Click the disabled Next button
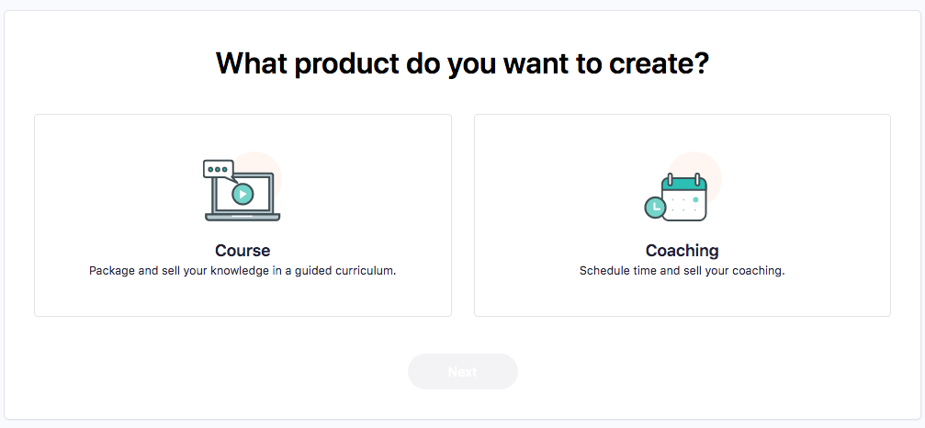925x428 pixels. (x=463, y=371)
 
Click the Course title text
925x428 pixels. (x=243, y=251)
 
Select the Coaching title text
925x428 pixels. (x=682, y=251)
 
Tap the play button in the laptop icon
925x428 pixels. (x=243, y=194)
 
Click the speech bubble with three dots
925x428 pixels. (x=218, y=170)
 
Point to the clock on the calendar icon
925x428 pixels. (x=654, y=208)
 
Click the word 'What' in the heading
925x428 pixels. (x=251, y=63)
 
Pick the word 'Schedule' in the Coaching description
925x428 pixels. (x=601, y=272)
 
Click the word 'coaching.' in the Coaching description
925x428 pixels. (x=763, y=273)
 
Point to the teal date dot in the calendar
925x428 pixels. (x=695, y=200)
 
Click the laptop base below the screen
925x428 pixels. (x=243, y=217)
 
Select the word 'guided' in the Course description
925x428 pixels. (x=319, y=273)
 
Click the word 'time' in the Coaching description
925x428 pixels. (x=636, y=272)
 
